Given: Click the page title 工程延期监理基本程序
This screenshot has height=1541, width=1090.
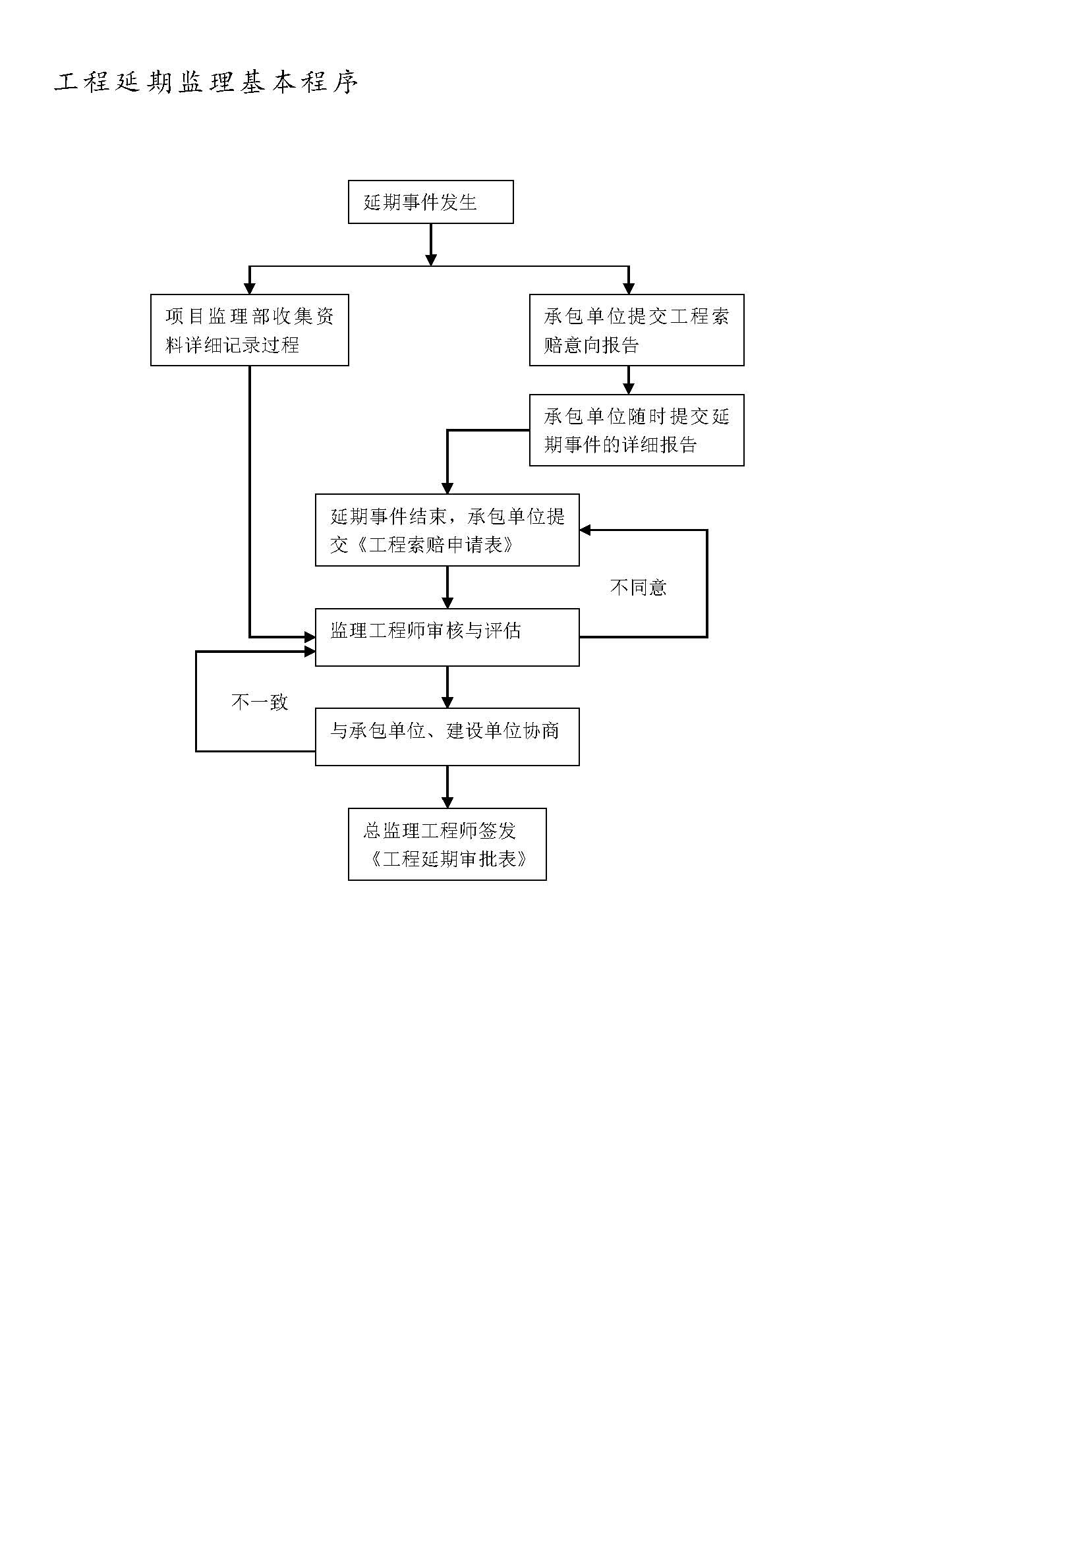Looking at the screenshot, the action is point(206,82).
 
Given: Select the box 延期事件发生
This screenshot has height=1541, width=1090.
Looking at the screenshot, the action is point(431,202).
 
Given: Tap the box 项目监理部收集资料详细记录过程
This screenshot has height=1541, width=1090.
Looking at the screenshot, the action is point(250,329).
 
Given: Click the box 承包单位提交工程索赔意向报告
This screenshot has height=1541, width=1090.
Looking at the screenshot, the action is point(637,329).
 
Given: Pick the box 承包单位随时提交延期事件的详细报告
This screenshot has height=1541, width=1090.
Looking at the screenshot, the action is point(637,430).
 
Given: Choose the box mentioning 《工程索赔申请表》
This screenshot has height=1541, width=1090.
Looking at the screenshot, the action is point(447,530).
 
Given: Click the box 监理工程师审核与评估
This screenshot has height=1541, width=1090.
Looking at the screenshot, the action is point(447,637).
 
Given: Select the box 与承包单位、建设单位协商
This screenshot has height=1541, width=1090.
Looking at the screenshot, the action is point(447,737).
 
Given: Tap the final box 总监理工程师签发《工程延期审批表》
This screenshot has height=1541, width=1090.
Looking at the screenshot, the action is point(447,845).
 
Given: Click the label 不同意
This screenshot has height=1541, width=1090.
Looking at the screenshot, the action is point(639,587).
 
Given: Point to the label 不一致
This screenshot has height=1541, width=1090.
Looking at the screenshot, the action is point(259,702).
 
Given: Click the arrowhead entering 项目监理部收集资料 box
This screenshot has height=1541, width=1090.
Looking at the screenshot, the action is point(250,289).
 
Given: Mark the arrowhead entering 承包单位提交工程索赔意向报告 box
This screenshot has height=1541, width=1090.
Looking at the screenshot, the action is point(629,289).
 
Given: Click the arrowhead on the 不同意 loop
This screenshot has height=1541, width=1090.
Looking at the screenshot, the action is point(585,530).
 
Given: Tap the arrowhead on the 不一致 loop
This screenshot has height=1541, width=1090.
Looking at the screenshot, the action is point(310,652).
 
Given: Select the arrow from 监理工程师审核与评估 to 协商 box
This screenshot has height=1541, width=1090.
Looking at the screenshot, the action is point(447,687).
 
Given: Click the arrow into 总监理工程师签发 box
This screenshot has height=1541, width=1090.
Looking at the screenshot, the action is point(447,787).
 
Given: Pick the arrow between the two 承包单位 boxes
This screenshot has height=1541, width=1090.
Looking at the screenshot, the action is point(629,380).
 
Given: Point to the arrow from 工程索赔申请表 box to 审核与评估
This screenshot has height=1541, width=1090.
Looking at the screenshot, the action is point(447,587).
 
